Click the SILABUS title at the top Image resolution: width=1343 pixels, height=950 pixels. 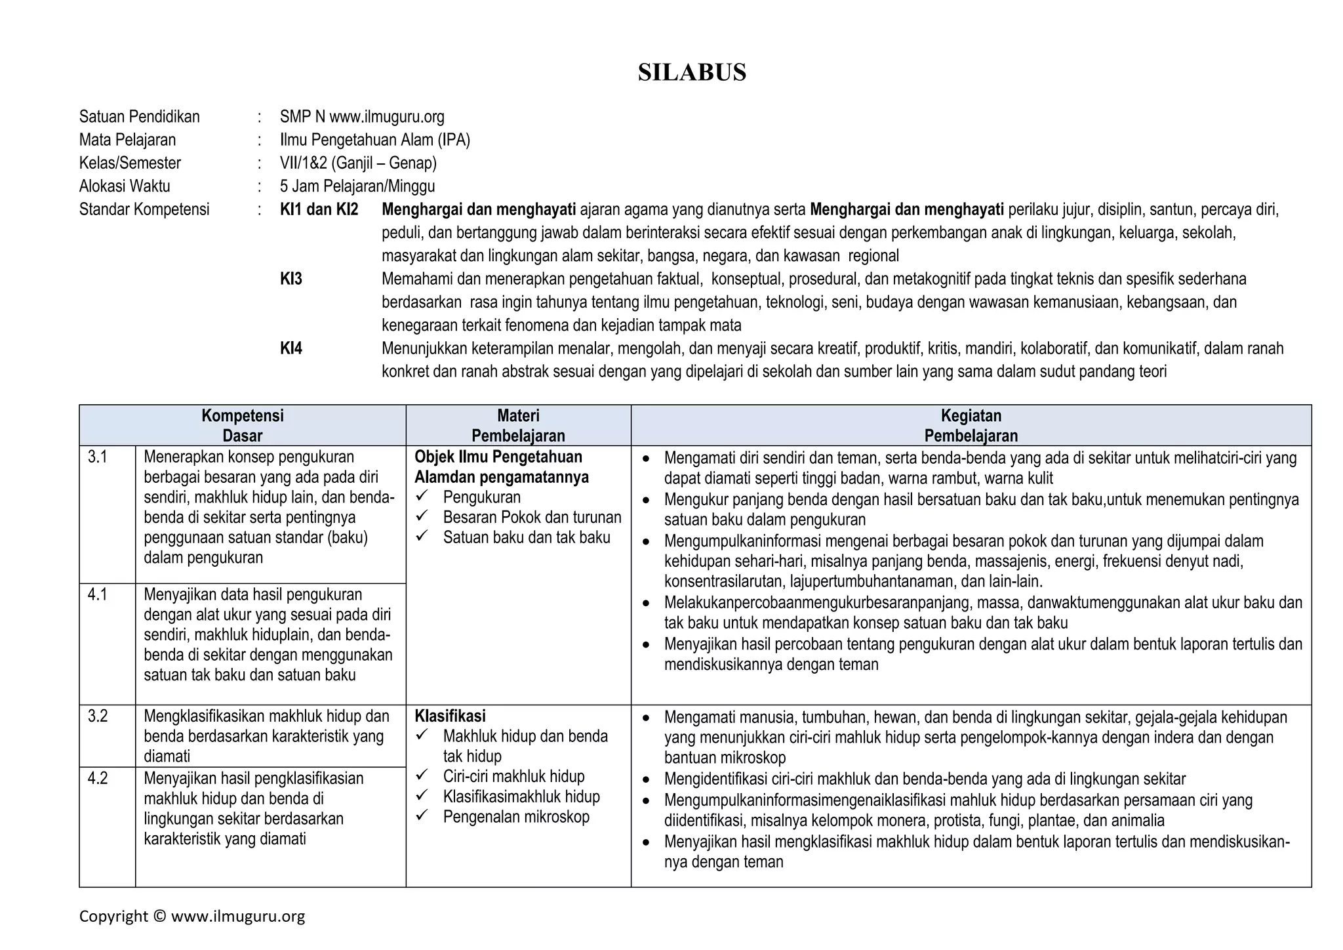[692, 72]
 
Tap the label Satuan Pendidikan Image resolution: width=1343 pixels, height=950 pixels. [139, 117]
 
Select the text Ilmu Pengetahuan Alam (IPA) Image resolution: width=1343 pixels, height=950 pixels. [374, 140]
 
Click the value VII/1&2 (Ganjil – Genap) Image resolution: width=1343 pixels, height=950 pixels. [358, 163]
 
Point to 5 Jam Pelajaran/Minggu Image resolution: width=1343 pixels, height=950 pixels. [357, 186]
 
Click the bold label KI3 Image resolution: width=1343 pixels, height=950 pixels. [291, 279]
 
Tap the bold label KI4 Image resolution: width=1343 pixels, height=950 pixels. [291, 348]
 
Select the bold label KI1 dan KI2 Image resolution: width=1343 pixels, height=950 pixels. [319, 210]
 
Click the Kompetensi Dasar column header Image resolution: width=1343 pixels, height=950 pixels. [242, 425]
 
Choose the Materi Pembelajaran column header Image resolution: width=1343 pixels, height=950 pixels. [518, 425]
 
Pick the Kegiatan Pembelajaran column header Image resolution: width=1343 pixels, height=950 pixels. [971, 425]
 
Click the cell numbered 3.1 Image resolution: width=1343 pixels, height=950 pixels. [98, 457]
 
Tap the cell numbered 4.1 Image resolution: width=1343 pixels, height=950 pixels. [98, 594]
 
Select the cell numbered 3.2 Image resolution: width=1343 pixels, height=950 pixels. [98, 716]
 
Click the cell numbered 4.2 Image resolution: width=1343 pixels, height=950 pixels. [98, 778]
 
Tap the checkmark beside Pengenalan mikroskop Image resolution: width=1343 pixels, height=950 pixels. [422, 816]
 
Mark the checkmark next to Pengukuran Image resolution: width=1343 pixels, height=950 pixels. [422, 496]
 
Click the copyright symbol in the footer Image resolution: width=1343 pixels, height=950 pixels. [159, 917]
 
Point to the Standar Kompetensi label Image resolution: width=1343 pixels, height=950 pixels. [144, 210]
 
